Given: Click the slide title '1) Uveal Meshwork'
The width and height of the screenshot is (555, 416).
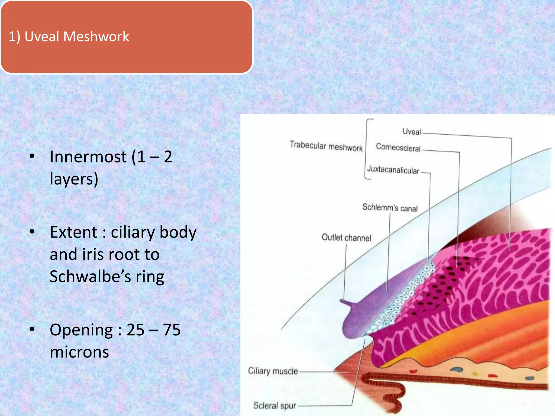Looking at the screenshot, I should (x=69, y=37).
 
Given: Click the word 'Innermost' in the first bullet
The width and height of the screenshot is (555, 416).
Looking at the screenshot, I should (x=88, y=157).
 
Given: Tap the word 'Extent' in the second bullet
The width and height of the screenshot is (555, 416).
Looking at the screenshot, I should (x=73, y=232).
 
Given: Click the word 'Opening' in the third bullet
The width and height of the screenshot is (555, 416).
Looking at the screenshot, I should (x=81, y=330).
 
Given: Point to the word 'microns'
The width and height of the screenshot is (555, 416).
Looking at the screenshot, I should (x=79, y=352).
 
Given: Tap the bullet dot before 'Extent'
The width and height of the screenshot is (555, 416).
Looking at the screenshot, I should (x=32, y=232).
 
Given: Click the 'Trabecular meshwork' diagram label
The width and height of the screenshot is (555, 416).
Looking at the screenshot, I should (x=326, y=146).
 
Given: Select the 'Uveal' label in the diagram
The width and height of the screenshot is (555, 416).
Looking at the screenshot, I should (x=412, y=132).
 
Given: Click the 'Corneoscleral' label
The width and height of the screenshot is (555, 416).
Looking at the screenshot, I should (x=398, y=148).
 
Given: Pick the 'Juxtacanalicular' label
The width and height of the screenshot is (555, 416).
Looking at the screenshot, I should (x=393, y=170).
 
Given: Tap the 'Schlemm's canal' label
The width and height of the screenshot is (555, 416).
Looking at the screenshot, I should (x=390, y=208).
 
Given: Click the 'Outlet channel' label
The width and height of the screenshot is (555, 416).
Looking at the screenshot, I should (x=346, y=238).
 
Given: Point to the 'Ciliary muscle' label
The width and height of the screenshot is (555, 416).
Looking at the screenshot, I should (x=273, y=371).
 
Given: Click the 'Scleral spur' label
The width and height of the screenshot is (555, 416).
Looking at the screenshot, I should (x=274, y=405).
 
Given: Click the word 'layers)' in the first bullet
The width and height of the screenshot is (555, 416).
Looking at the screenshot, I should (x=74, y=179).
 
